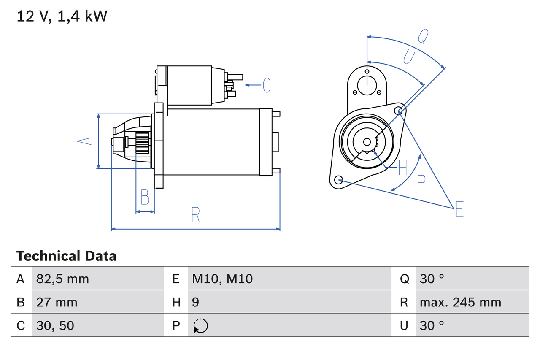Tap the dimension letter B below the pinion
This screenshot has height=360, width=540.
pos(145,197)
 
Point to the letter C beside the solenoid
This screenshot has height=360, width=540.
pos(266,85)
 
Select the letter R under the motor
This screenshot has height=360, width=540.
pos(195,215)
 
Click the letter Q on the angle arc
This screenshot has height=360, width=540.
pos(423,36)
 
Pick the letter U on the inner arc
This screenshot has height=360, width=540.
pos(409,57)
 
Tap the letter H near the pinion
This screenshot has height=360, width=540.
pos(402,168)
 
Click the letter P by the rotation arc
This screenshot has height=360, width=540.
pos(421,182)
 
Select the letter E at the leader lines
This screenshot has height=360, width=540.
pos(459,209)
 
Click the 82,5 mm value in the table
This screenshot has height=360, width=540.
pos(62,279)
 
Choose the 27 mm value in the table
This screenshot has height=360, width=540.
pos(57,302)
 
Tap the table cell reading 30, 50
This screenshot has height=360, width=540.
pos(55,325)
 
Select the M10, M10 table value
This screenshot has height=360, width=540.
pos(222,279)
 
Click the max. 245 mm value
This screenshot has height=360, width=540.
pos(460,302)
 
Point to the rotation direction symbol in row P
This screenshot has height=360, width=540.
pos(200,326)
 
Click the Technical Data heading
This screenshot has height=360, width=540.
pos(66,256)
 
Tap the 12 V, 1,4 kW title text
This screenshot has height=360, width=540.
pos(62,16)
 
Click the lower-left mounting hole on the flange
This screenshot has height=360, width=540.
pos(338,180)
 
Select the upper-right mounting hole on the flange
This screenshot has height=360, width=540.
pos(400,111)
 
